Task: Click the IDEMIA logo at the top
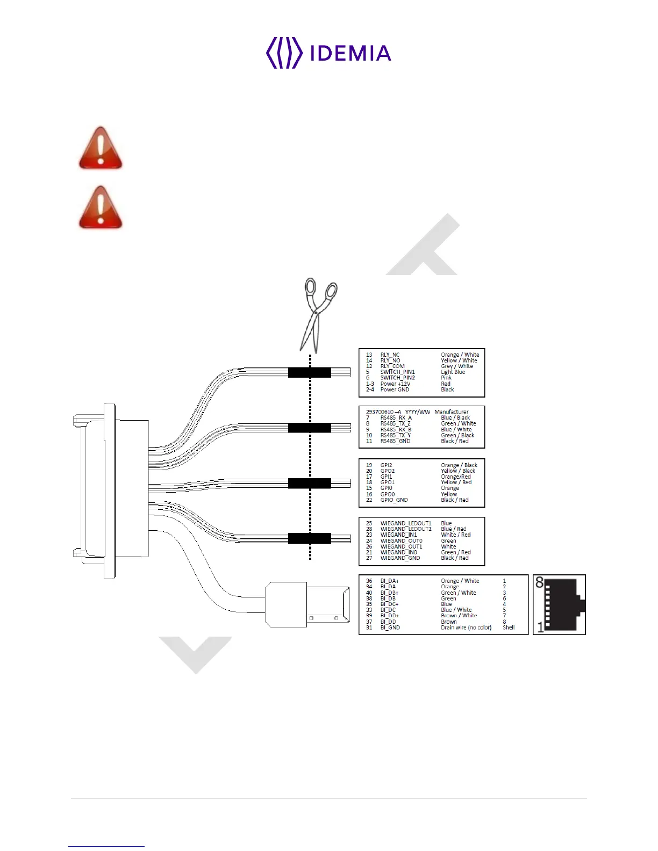click(x=328, y=53)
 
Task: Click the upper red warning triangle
click(x=101, y=149)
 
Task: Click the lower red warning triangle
click(x=101, y=208)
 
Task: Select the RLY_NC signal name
click(x=390, y=355)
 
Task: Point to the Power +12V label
click(x=395, y=384)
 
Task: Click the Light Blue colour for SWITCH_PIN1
click(x=453, y=372)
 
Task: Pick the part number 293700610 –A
click(x=383, y=412)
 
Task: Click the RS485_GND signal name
click(x=395, y=441)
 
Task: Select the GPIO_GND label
click(x=394, y=500)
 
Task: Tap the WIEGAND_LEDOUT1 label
click(x=406, y=523)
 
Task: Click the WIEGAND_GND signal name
click(x=400, y=558)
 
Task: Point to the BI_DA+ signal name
click(x=390, y=581)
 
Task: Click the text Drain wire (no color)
click(x=466, y=628)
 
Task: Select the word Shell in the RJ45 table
click(x=509, y=628)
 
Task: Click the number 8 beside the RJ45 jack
click(x=540, y=582)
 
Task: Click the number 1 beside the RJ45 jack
click(x=540, y=627)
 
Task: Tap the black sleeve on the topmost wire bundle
click(x=309, y=372)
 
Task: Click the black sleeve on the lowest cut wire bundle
click(x=309, y=538)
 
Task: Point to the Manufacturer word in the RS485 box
click(x=451, y=412)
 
